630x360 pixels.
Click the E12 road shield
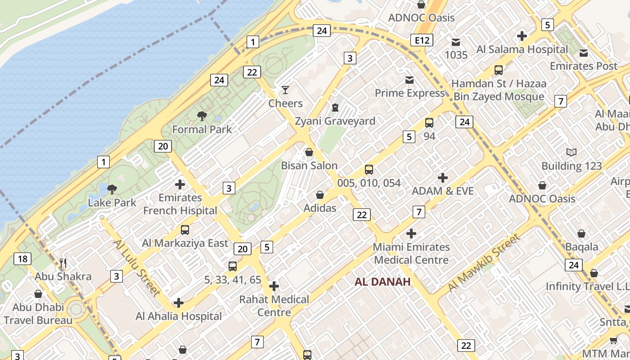(x=422, y=40)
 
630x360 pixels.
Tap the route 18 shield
(x=22, y=259)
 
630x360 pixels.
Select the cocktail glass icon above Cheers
(x=285, y=90)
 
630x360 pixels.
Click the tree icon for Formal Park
(x=202, y=116)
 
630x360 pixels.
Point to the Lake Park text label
(x=112, y=202)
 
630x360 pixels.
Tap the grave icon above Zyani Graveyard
(x=335, y=108)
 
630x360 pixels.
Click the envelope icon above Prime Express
(x=409, y=80)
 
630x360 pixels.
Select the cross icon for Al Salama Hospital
(x=522, y=36)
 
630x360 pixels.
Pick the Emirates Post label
(x=584, y=66)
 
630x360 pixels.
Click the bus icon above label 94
(x=429, y=123)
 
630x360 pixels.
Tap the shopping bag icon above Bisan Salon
(x=309, y=153)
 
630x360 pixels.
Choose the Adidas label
(x=320, y=208)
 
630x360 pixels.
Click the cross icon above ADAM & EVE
(x=443, y=178)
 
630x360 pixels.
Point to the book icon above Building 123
(x=571, y=153)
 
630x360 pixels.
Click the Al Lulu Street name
(x=136, y=268)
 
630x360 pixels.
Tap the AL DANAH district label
(x=382, y=282)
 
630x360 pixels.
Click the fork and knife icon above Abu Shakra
(x=63, y=263)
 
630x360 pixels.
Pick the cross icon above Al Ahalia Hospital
(x=179, y=303)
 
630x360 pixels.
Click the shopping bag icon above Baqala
(x=581, y=234)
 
